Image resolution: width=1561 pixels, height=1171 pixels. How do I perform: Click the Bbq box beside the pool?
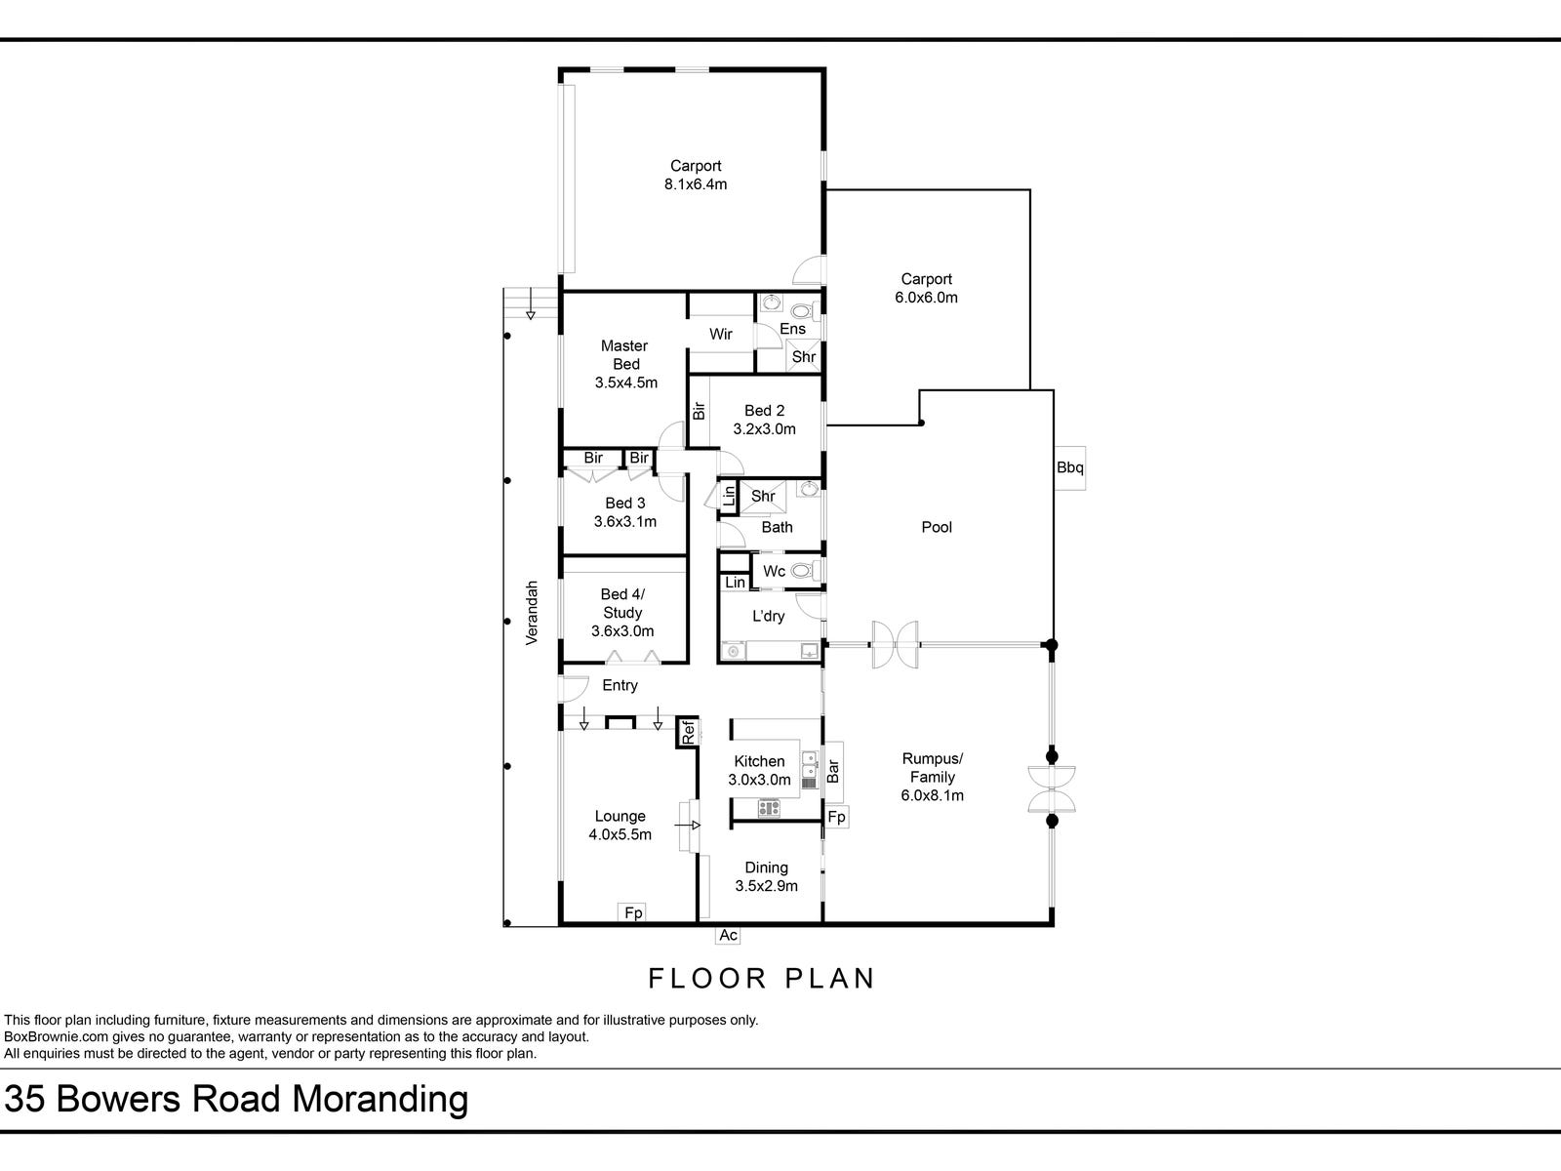[x=1069, y=467]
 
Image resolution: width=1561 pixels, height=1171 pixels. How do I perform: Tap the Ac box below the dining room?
[x=728, y=935]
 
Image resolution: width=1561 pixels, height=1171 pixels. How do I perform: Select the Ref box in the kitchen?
[x=687, y=732]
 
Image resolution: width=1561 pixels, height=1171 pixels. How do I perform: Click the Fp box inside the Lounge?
[x=633, y=913]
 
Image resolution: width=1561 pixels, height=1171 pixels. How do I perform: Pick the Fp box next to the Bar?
[x=837, y=816]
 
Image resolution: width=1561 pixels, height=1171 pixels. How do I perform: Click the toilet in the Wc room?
[x=803, y=571]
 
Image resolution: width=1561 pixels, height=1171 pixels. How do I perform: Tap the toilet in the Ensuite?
[x=802, y=311]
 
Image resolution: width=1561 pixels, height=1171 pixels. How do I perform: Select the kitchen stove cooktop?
[x=769, y=807]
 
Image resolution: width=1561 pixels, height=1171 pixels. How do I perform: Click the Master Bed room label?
[x=624, y=364]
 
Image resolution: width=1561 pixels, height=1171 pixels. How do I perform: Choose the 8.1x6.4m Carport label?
[x=696, y=175]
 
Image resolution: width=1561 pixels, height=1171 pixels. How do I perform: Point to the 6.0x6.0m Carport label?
[x=926, y=288]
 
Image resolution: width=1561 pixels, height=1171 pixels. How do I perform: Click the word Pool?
[x=937, y=527]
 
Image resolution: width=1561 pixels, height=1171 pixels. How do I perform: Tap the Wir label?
[x=721, y=334]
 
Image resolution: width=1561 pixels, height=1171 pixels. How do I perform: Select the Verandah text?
[x=533, y=613]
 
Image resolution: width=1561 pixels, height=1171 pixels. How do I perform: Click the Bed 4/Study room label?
[x=622, y=612]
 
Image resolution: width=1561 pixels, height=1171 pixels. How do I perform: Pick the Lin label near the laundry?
[x=736, y=583]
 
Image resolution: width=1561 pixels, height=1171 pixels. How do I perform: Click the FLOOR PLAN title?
[x=762, y=978]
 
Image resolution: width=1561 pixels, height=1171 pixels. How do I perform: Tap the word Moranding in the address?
[x=381, y=1100]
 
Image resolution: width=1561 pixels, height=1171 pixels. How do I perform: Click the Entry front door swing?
[x=574, y=687]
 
